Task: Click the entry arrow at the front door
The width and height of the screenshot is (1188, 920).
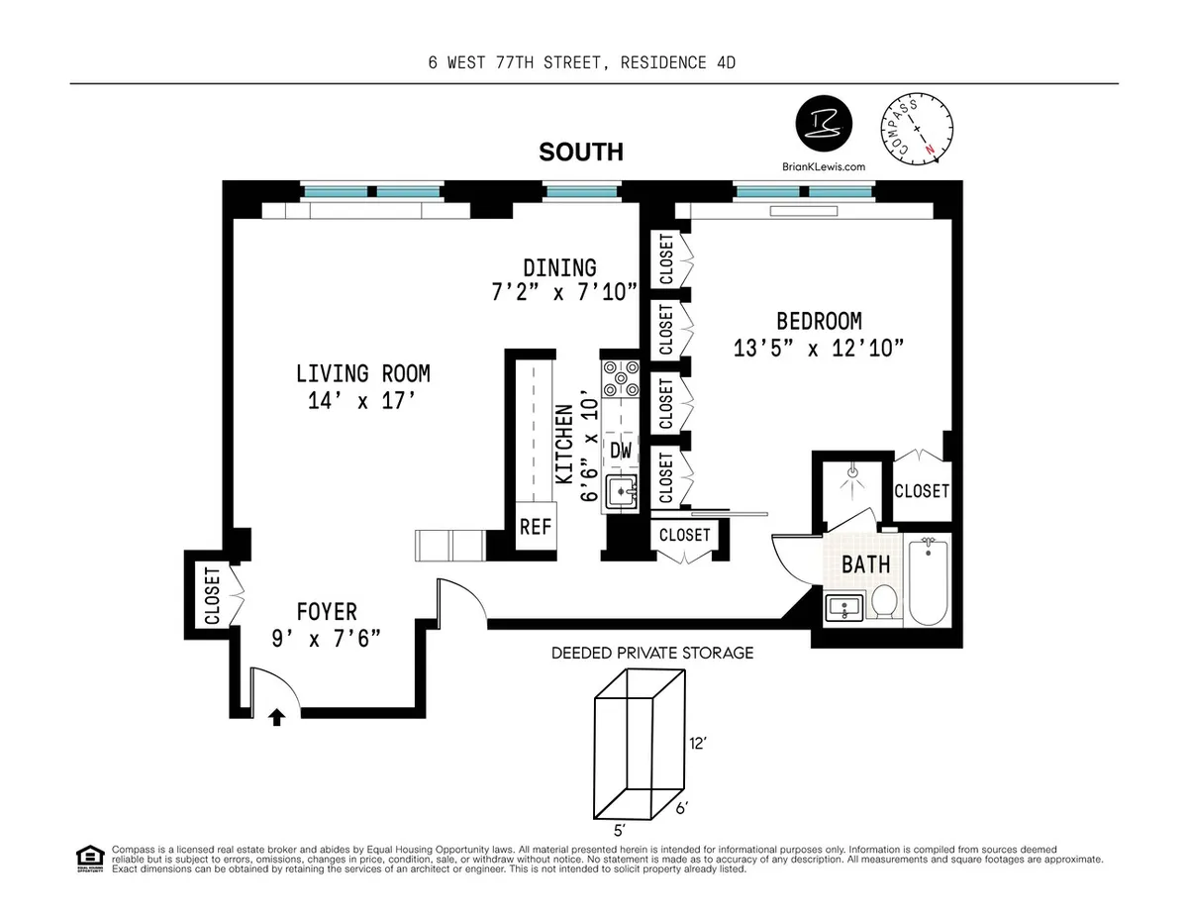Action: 277,718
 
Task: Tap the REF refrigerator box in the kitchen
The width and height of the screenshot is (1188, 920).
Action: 536,526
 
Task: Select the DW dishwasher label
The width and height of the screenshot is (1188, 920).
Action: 621,452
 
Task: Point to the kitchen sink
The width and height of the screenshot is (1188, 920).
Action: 622,490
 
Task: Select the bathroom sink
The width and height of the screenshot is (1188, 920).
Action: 844,605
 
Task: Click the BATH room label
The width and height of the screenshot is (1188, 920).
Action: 865,564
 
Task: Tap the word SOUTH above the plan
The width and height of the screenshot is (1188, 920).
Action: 581,152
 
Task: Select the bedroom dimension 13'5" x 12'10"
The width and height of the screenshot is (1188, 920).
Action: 819,349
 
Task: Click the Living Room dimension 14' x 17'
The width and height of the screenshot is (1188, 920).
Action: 362,401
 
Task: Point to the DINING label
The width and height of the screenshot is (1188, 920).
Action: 559,267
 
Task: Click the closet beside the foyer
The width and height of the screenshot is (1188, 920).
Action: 212,595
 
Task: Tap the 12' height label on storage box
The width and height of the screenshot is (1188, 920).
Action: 700,742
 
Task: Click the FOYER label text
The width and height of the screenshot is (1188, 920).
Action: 327,612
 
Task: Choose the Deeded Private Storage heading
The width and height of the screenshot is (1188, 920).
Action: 652,653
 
